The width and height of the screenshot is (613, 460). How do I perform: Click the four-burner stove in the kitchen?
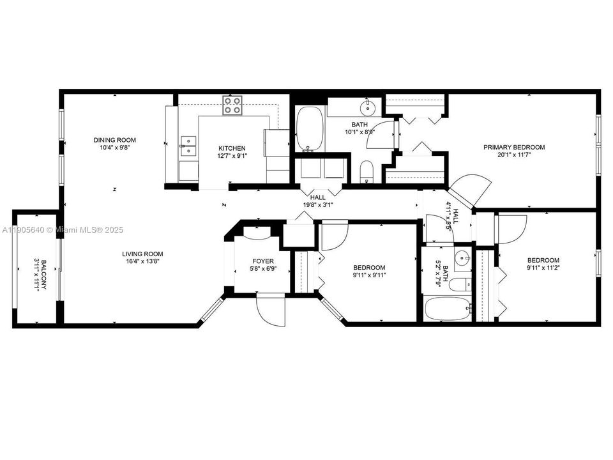coord(232,105)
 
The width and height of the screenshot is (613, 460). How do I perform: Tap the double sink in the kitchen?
coord(188,146)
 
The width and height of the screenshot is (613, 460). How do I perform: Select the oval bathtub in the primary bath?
coord(310,128)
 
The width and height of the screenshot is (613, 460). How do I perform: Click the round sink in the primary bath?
coord(368,105)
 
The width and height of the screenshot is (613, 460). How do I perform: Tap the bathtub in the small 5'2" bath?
coord(448,310)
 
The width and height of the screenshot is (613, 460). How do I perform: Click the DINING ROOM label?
coord(114,140)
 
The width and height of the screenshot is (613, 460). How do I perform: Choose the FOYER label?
coord(263,261)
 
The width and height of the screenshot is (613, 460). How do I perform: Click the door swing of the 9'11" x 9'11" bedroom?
coord(333,235)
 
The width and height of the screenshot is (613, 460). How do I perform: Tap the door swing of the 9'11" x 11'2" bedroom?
coord(511,228)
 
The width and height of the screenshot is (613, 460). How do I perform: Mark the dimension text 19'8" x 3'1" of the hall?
coord(317,206)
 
